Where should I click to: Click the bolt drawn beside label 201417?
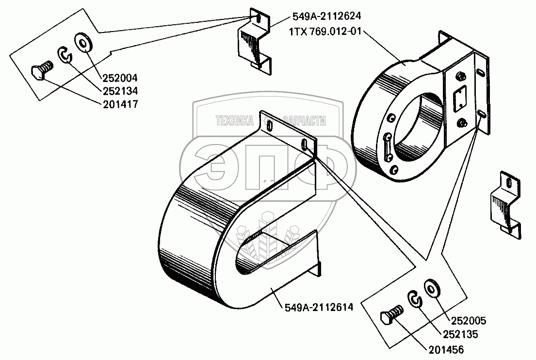tap(40, 72)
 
